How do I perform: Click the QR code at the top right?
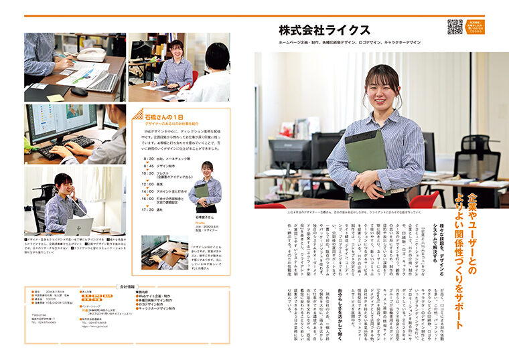[x=455, y=27]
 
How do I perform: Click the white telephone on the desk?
[x=93, y=54]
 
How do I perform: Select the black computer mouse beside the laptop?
[x=79, y=91]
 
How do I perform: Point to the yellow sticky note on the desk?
[x=56, y=97]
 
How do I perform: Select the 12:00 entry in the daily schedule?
[x=147, y=183]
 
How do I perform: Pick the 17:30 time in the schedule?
[x=147, y=209]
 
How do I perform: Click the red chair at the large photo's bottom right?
[x=425, y=199]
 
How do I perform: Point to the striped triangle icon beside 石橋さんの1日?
[x=138, y=114]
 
